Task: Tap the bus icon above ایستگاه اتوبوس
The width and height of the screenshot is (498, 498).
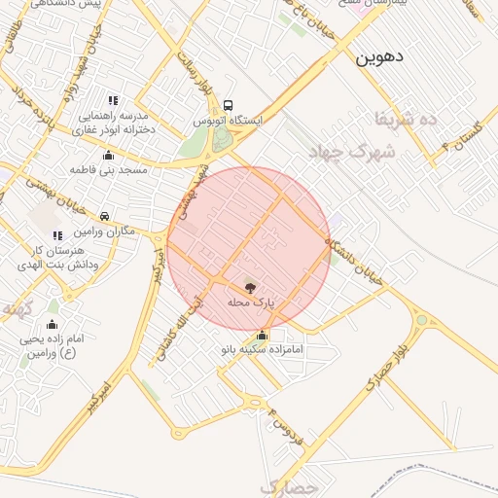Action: [x=228, y=105]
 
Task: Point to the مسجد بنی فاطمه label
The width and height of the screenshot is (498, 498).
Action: [x=108, y=169]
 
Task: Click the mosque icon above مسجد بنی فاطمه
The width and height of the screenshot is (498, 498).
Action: [x=108, y=155]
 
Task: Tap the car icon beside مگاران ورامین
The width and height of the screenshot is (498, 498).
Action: [x=104, y=216]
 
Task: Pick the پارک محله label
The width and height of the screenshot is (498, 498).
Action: [x=251, y=302]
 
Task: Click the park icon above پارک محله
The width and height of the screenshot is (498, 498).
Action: [x=251, y=288]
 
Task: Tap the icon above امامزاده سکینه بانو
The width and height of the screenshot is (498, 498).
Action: [x=262, y=335]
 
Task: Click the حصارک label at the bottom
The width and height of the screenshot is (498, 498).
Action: [x=290, y=485]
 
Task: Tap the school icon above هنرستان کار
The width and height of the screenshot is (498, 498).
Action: [x=57, y=235]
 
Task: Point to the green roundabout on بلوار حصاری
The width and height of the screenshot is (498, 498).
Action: [x=421, y=319]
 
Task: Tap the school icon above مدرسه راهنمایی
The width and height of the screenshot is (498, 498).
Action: [x=114, y=100]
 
